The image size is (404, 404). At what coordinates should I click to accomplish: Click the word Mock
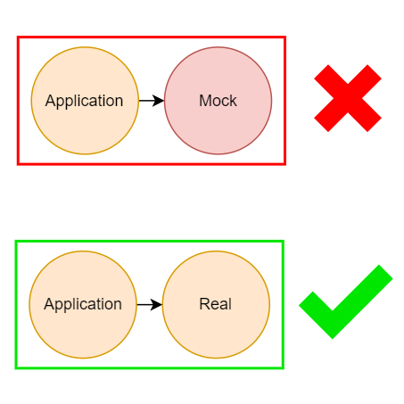pyautogui.click(x=218, y=101)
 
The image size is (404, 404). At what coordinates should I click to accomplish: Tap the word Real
pyautogui.click(x=215, y=304)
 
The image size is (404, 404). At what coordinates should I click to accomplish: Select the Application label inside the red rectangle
pyautogui.click(x=84, y=102)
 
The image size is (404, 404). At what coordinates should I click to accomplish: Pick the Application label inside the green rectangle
pyautogui.click(x=83, y=305)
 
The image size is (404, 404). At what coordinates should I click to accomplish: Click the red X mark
pyautogui.click(x=348, y=98)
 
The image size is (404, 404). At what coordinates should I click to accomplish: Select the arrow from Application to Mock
pyautogui.click(x=152, y=101)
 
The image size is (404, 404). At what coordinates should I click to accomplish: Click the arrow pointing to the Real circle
pyautogui.click(x=150, y=305)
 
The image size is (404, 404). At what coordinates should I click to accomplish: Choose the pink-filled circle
pyautogui.click(x=218, y=101)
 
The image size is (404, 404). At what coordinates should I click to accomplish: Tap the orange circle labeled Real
pyautogui.click(x=216, y=305)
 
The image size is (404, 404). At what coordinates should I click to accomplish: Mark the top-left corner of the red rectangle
pyautogui.click(x=18, y=37)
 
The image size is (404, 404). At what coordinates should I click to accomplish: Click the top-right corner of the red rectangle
pyautogui.click(x=285, y=37)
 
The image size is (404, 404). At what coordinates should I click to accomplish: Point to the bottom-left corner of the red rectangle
pyautogui.click(x=18, y=164)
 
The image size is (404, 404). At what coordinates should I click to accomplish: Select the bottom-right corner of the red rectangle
pyautogui.click(x=285, y=164)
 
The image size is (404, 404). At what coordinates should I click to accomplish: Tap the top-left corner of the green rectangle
pyautogui.click(x=16, y=241)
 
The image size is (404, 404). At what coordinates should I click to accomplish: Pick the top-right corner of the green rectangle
pyautogui.click(x=284, y=241)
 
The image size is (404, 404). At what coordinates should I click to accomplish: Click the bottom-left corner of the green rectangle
pyautogui.click(x=16, y=368)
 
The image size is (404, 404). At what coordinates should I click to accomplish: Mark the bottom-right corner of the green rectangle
pyautogui.click(x=284, y=368)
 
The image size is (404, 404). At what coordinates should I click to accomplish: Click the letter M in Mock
pyautogui.click(x=205, y=101)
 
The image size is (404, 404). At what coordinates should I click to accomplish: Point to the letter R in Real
pyautogui.click(x=204, y=304)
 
